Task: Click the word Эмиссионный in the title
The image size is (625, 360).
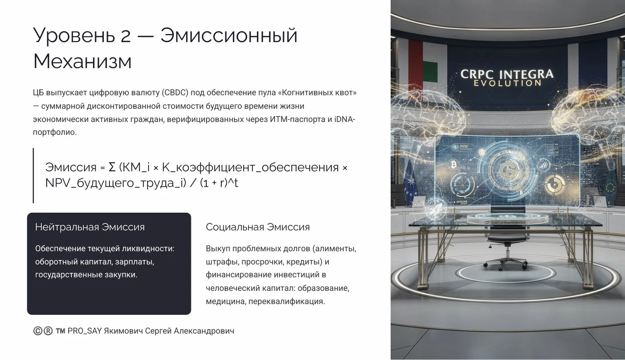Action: [229, 35]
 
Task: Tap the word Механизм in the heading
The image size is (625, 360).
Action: [82, 61]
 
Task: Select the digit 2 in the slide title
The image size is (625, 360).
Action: [125, 36]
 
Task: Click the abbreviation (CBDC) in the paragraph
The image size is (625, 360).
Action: [175, 93]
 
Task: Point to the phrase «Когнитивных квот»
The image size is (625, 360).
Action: [317, 93]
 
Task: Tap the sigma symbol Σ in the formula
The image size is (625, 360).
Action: [112, 167]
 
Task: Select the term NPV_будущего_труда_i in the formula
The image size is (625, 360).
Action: [116, 183]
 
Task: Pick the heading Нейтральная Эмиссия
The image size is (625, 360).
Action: [90, 227]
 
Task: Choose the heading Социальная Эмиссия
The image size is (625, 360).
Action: [257, 227]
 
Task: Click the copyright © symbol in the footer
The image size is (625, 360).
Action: [37, 331]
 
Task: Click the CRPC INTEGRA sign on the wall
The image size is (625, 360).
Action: [507, 74]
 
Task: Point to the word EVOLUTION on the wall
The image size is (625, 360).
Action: [507, 83]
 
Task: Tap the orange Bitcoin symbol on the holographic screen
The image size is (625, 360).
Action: [454, 164]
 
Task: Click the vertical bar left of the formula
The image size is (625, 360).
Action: [34, 176]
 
